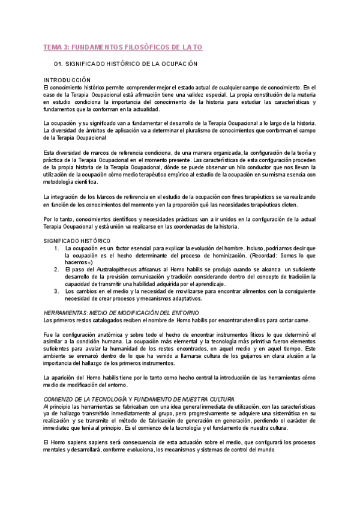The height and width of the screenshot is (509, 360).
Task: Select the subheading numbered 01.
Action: [x=126, y=64]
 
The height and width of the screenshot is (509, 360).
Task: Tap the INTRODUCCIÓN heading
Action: [x=67, y=80]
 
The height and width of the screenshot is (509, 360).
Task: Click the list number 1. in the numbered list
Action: [x=56, y=247]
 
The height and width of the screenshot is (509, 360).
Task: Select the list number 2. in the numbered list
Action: [x=56, y=270]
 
